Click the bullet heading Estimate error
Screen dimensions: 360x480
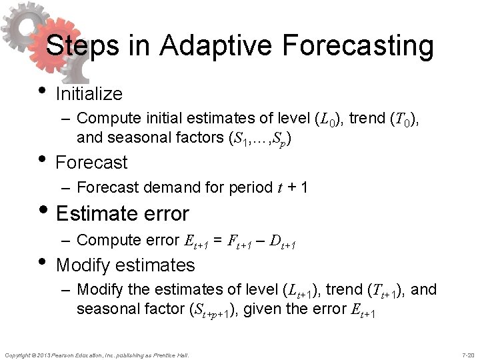point(123,213)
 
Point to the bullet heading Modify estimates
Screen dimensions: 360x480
point(126,265)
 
